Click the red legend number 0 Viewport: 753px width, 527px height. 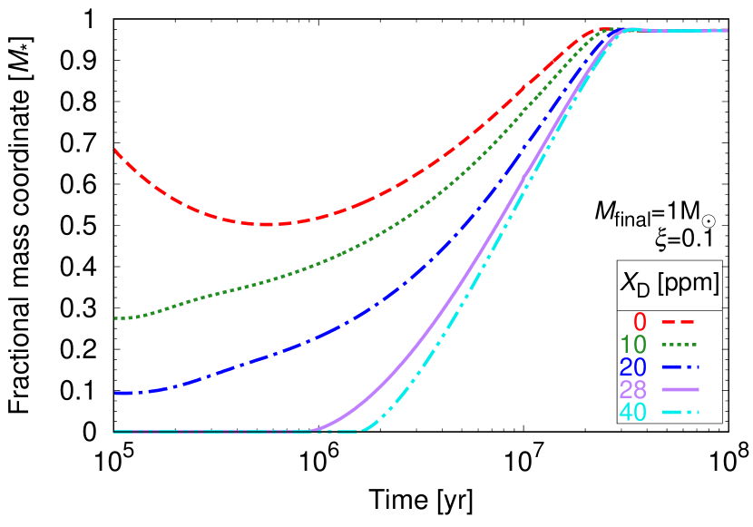[640, 322]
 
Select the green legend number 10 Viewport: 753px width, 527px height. [633, 345]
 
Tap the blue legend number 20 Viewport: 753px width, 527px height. [633, 367]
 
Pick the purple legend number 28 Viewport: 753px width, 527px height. [633, 390]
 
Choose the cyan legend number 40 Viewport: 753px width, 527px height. [633, 412]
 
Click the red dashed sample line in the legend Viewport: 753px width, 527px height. [678, 322]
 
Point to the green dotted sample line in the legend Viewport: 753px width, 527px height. [680, 345]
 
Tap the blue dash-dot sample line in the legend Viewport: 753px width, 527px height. [680, 367]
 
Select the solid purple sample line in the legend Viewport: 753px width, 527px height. [680, 389]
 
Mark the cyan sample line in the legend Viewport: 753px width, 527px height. [680, 412]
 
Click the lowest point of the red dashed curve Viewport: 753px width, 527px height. [264, 224]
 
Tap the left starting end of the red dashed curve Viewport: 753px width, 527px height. [115, 150]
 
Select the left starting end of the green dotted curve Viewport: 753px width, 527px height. [115, 318]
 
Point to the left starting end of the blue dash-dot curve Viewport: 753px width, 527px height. [115, 393]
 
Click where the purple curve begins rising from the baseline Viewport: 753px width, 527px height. [310, 430]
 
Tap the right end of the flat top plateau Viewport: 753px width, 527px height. [727, 30]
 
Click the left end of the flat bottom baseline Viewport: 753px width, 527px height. [114, 432]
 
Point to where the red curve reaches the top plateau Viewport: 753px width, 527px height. [594, 30]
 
